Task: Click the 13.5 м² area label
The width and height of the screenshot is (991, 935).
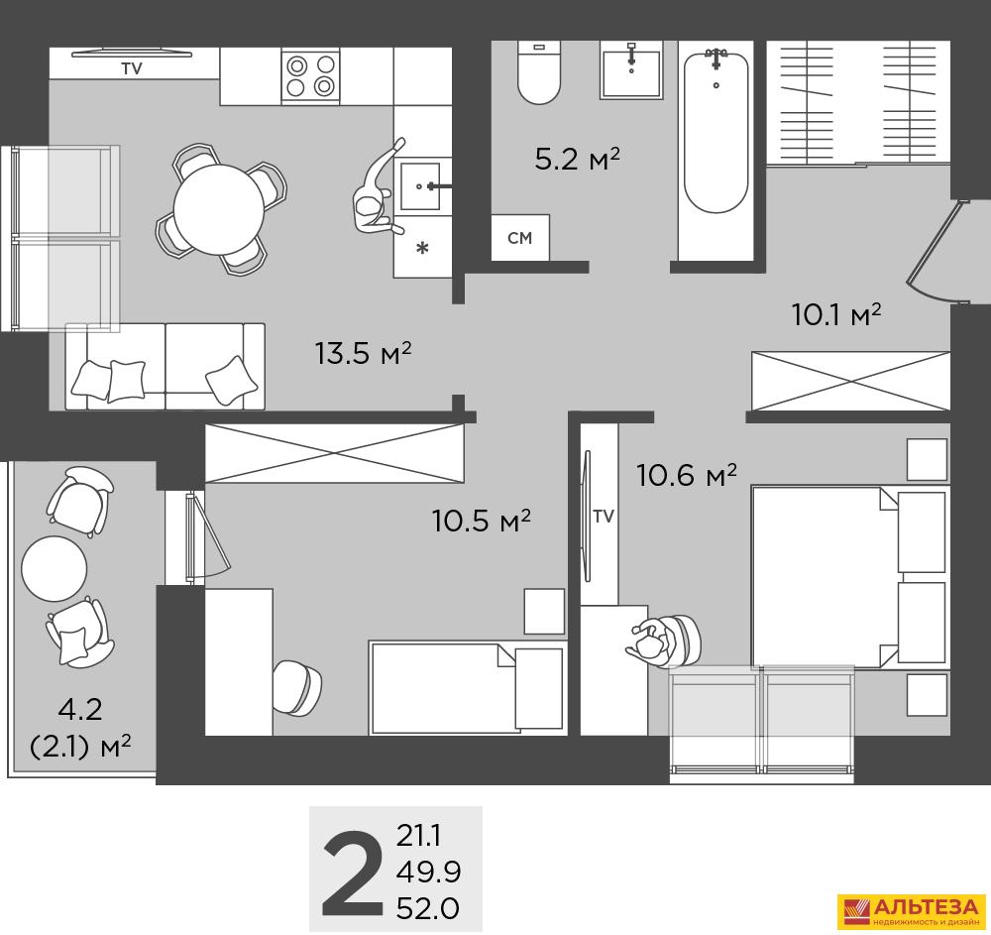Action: tap(363, 353)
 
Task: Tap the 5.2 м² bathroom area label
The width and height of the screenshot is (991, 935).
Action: tap(577, 159)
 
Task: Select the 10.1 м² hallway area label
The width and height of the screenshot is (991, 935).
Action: tap(836, 314)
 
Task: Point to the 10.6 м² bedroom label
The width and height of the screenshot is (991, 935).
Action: tap(687, 475)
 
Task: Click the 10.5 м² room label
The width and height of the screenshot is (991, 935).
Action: tap(482, 521)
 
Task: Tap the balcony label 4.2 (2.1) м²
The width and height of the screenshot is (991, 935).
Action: tap(81, 729)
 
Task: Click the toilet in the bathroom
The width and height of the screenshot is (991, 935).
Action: tap(538, 72)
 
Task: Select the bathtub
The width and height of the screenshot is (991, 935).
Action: tap(716, 133)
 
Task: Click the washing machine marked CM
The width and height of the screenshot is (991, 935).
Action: tap(520, 237)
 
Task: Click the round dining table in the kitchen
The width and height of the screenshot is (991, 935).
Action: tap(219, 208)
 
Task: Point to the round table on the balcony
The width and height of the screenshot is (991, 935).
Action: tap(54, 569)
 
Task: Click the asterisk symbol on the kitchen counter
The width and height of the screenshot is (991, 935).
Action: tap(422, 248)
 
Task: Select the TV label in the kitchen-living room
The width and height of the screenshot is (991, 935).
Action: tap(132, 68)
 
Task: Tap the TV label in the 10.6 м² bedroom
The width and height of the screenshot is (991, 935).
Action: tap(604, 517)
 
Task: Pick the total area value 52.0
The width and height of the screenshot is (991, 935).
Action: tap(428, 909)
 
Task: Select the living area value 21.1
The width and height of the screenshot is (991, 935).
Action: tap(418, 837)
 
